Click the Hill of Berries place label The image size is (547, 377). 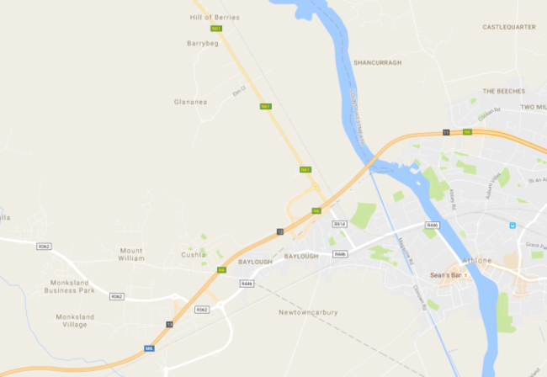(x=215, y=17)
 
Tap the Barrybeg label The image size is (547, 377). (x=202, y=43)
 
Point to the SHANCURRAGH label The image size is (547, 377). (x=377, y=62)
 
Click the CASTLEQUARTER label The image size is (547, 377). (x=508, y=27)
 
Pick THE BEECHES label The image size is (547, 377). (x=503, y=91)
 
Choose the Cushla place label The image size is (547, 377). (x=193, y=255)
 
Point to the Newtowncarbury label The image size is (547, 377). (x=308, y=312)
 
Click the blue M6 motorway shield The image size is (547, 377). (x=149, y=348)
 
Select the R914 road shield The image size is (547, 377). (x=340, y=225)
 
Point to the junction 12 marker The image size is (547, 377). (x=279, y=231)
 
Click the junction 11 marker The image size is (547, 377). (x=447, y=131)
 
